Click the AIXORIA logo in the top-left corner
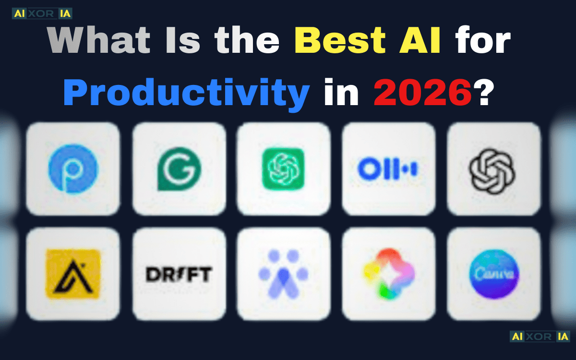pos(42,13)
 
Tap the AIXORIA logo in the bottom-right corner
pos(539,336)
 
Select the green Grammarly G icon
pos(180,168)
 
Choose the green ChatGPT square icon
pos(284,168)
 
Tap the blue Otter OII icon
pos(388,169)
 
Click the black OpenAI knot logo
pos(492,169)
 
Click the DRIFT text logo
pos(179,274)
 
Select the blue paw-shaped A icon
pos(283,274)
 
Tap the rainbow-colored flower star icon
pos(388,274)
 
